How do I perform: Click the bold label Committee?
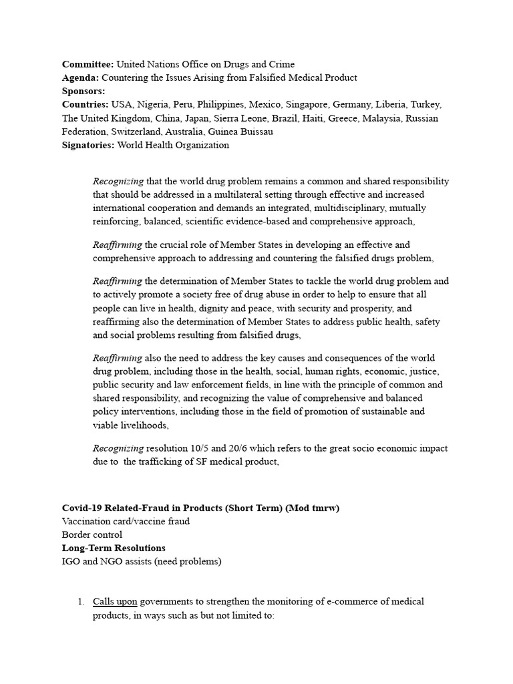[88, 65]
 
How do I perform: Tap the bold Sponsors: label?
[83, 92]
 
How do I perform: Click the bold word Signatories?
[88, 145]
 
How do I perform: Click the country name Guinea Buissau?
[240, 132]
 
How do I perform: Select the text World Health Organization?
[173, 145]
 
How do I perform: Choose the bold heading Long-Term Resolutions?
[113, 548]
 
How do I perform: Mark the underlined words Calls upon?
[115, 602]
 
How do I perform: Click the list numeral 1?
[81, 602]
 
